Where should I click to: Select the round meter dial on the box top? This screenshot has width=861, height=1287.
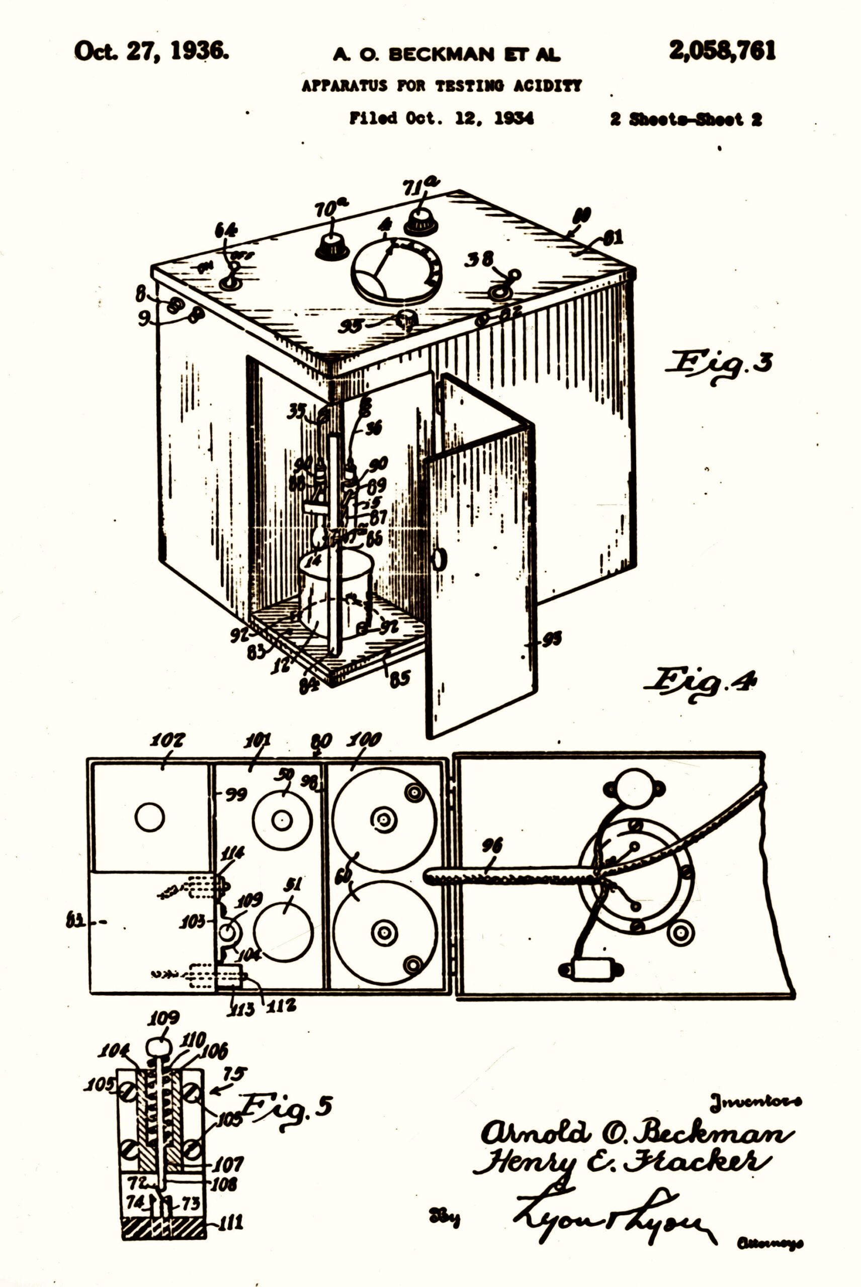(395, 268)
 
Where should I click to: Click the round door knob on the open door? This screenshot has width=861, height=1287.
(439, 559)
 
